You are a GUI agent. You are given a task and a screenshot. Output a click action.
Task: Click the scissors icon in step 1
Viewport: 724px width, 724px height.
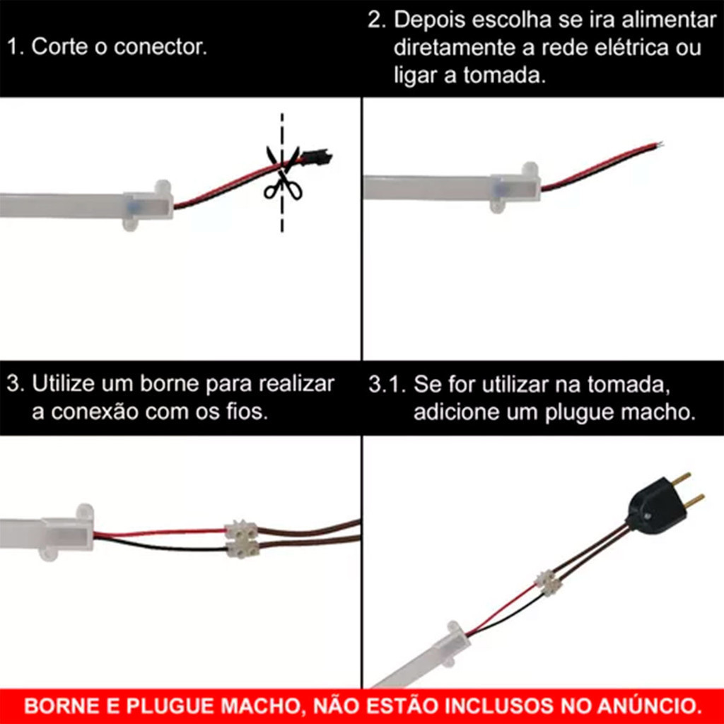(283, 173)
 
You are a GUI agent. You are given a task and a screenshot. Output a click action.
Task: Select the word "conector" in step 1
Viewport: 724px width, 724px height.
(160, 47)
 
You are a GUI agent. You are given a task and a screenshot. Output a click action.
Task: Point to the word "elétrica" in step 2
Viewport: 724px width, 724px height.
(631, 48)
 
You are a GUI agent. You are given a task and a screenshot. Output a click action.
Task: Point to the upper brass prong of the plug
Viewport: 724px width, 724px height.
(681, 480)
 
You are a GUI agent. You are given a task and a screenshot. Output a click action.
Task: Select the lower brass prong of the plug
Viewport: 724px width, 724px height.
(693, 501)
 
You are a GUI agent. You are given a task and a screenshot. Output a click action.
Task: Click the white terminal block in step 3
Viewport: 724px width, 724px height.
(242, 539)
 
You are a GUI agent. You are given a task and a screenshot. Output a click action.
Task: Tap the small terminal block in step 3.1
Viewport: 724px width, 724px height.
(548, 583)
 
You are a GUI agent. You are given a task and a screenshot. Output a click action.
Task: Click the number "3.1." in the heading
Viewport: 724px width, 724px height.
(387, 385)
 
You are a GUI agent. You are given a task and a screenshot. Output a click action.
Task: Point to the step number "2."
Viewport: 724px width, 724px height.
(377, 21)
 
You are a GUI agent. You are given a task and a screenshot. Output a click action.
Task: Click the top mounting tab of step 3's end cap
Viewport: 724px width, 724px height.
(85, 512)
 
